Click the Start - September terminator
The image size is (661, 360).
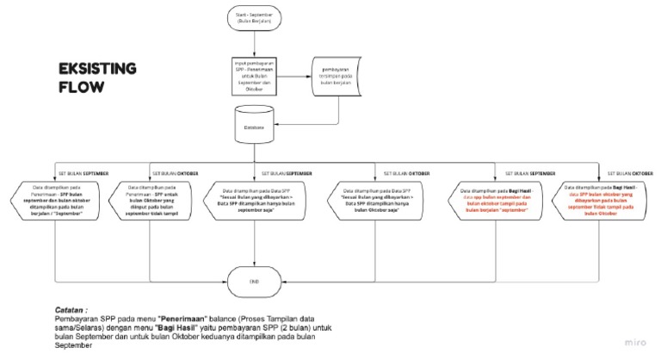pos(251,18)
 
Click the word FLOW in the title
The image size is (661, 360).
pos(81,87)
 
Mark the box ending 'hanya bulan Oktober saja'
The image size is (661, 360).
pos(375,202)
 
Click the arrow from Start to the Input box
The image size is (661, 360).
pos(251,43)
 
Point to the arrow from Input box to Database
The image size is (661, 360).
pos(251,99)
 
